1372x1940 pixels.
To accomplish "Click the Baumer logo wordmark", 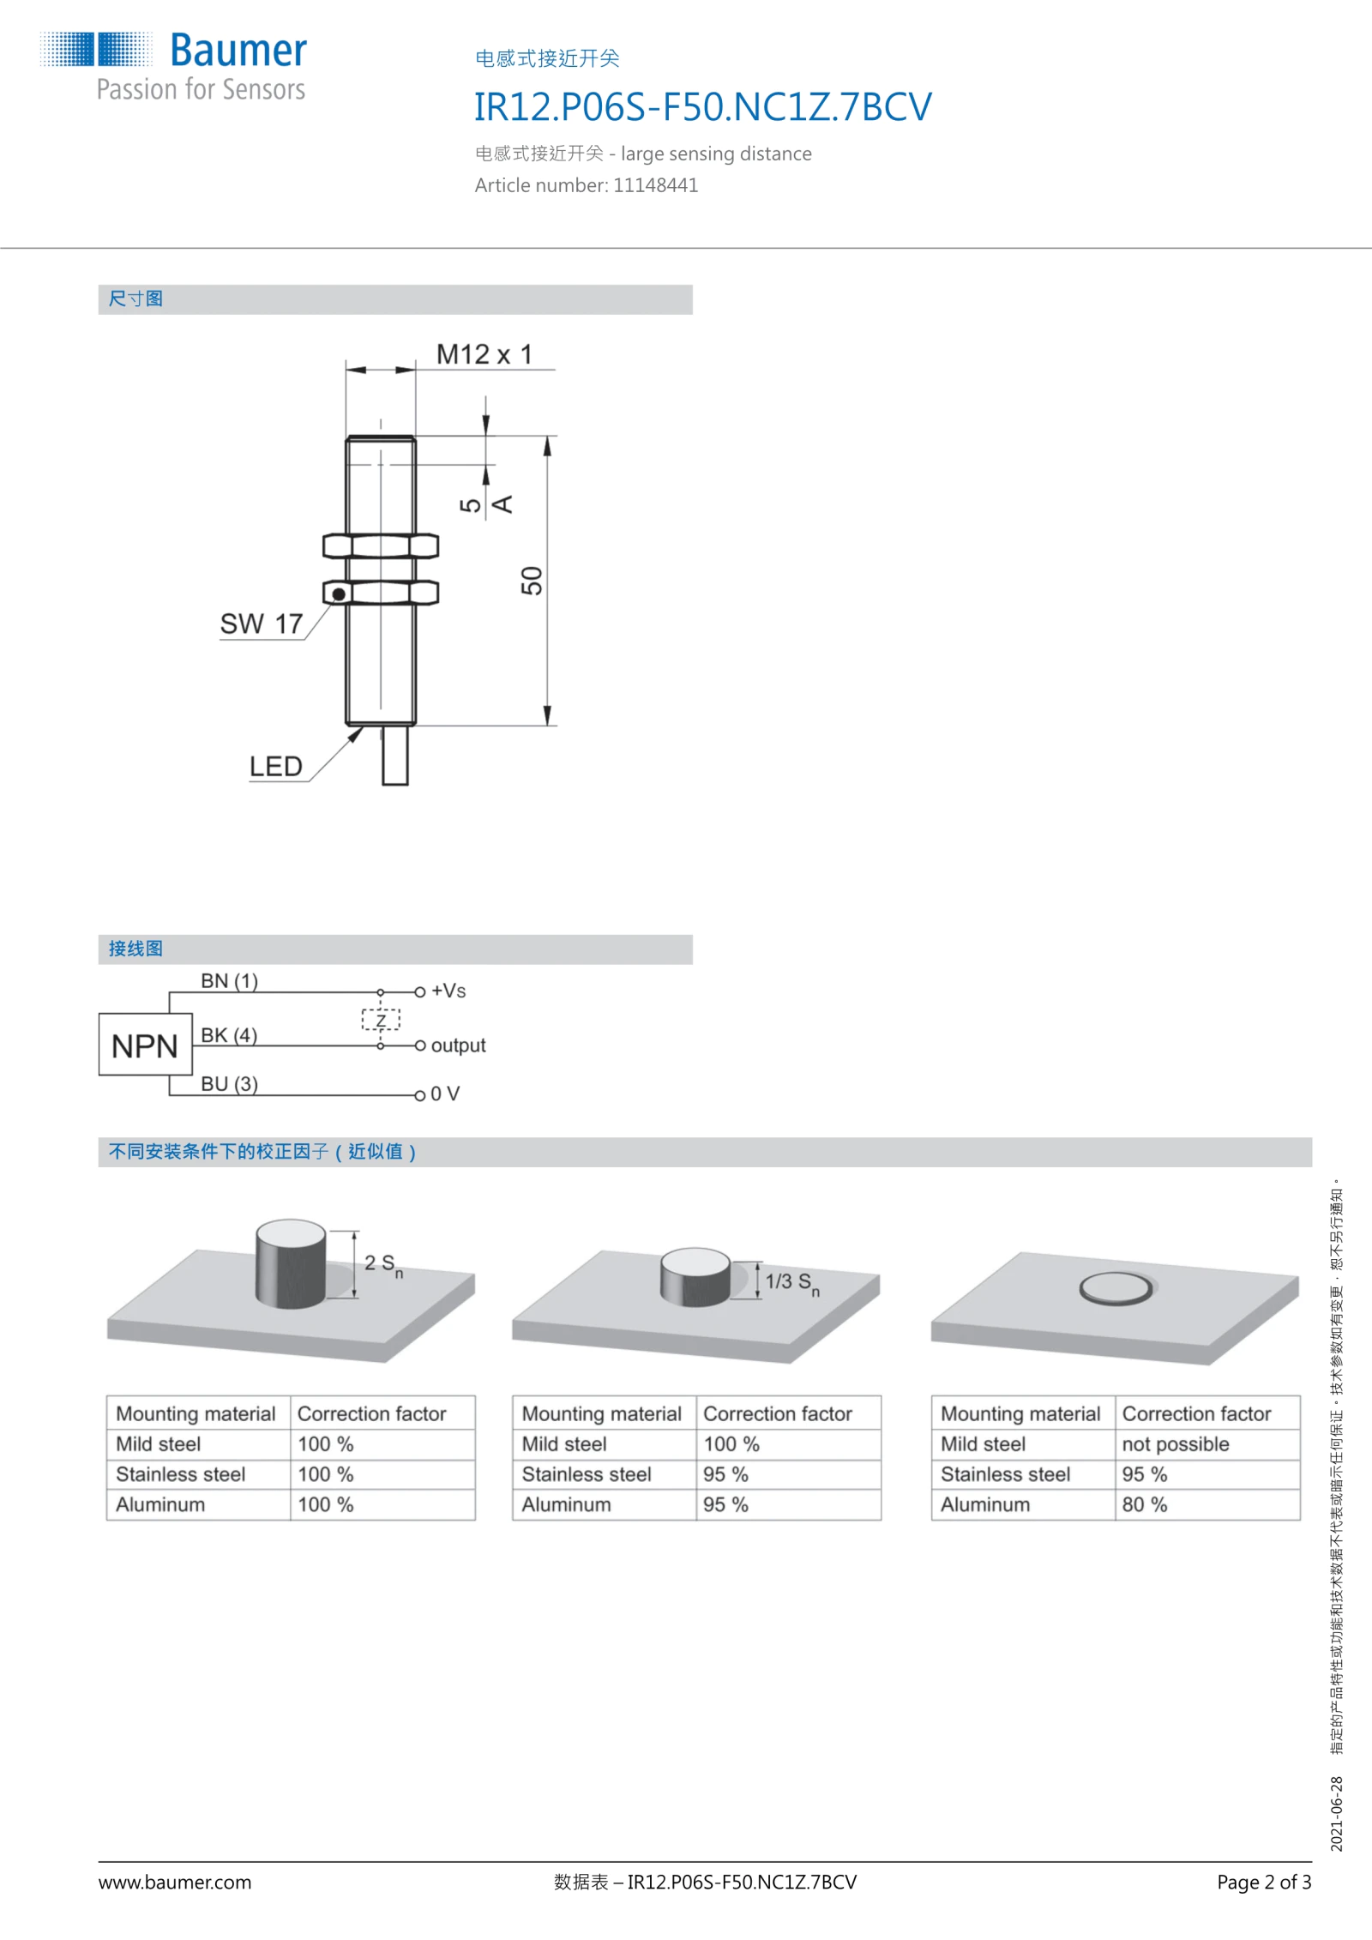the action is coord(238,51).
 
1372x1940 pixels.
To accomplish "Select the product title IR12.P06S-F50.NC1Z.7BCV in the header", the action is coord(703,107).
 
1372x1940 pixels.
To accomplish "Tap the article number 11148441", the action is coord(655,185).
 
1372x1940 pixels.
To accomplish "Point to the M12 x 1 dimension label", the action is coord(484,354).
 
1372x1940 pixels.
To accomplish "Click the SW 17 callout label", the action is coord(262,624).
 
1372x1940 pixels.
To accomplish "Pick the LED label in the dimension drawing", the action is coord(276,766).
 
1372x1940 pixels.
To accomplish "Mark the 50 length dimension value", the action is coord(532,581).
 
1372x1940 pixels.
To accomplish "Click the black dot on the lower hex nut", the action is coord(339,593).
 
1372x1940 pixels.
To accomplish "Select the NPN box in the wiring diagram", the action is coord(145,1045).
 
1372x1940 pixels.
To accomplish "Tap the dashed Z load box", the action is coord(381,1020).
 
